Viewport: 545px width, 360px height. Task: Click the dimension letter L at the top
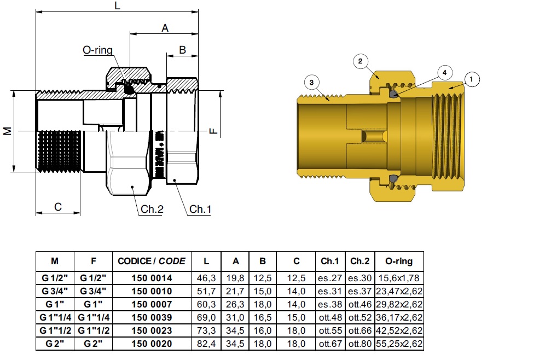coord(118,6)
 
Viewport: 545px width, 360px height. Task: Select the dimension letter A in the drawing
coord(165,28)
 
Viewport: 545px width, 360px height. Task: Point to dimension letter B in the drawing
coord(183,50)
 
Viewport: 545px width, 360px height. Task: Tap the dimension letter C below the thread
coord(58,207)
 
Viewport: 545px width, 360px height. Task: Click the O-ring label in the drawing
coord(97,50)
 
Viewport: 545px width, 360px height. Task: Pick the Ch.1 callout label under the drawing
coord(200,209)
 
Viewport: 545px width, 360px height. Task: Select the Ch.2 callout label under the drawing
coord(152,209)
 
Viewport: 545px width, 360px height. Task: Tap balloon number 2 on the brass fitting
coord(360,61)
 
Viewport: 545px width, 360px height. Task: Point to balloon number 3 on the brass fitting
coord(311,83)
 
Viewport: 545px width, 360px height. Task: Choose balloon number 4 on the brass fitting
coord(444,72)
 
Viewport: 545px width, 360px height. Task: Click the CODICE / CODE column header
coord(152,261)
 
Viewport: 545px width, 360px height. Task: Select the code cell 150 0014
coord(152,278)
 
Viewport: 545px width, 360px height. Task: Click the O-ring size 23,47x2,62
coord(400,291)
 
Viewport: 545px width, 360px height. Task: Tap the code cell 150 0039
coord(152,317)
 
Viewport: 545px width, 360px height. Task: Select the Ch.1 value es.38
coord(330,304)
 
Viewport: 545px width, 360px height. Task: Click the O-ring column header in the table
coord(399,261)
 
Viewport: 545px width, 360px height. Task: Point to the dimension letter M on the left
coord(7,131)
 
